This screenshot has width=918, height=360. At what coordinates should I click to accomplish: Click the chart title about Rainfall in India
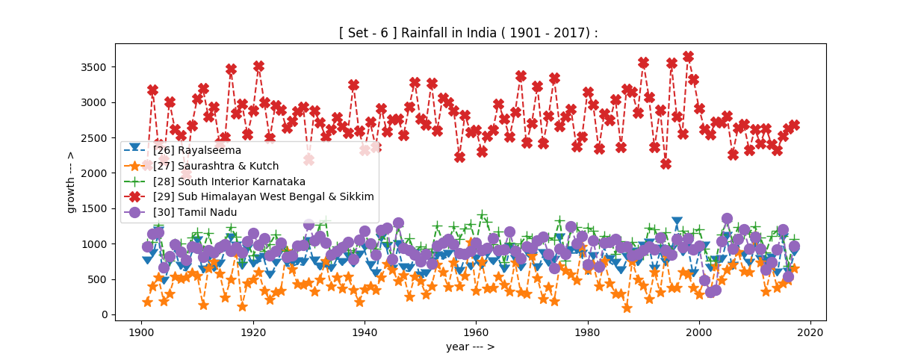tap(468, 34)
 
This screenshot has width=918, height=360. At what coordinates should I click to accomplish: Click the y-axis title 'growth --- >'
tap(71, 181)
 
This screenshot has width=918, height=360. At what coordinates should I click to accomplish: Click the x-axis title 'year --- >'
tap(470, 347)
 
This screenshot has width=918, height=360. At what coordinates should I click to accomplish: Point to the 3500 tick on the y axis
tap(95, 67)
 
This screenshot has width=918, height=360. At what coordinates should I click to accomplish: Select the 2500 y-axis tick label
tap(95, 138)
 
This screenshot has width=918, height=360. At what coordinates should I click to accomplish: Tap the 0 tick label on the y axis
tap(105, 315)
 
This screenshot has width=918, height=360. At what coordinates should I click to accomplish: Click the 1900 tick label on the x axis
tap(141, 331)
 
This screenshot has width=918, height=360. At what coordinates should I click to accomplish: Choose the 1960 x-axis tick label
tap(476, 331)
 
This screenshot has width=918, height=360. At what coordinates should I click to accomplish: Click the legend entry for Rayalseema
tap(190, 150)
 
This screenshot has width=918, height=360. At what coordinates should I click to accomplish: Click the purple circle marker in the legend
tap(135, 212)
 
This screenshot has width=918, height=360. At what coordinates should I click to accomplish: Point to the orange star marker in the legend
tap(135, 166)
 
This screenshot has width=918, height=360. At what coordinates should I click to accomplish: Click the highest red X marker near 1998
tap(688, 57)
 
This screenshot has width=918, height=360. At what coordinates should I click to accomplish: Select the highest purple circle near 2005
tap(727, 219)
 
